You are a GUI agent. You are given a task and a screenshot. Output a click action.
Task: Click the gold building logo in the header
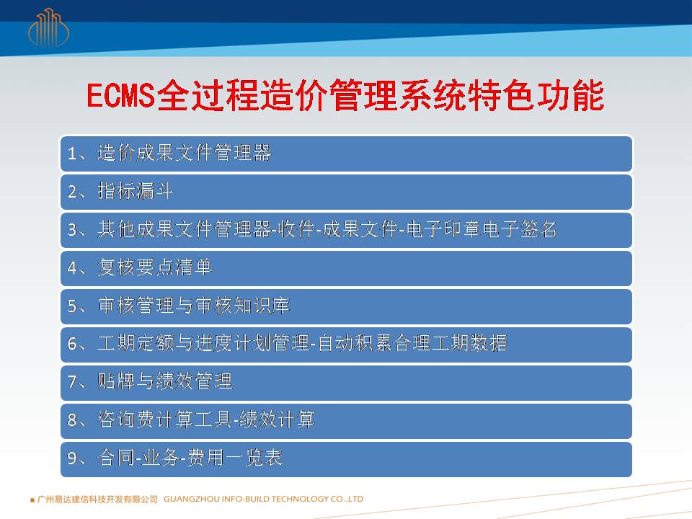(48, 28)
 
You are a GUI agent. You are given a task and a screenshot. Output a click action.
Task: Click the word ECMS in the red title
(121, 95)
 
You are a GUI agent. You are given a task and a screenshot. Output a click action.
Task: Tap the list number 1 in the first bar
(72, 154)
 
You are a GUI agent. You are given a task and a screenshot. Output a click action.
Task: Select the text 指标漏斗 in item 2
(135, 192)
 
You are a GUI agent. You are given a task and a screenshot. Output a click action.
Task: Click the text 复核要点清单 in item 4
(155, 267)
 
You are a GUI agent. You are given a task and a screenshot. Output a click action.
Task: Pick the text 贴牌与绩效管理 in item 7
(164, 381)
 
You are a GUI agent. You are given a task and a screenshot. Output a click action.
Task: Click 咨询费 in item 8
(127, 420)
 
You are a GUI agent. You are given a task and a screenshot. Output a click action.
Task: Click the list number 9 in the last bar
(72, 458)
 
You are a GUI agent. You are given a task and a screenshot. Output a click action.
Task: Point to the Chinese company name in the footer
(97, 499)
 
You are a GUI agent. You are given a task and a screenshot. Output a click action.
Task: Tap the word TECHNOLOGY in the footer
(299, 499)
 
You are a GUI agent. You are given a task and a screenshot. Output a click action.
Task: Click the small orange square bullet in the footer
(32, 500)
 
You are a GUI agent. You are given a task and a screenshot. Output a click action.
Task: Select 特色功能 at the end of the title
(536, 95)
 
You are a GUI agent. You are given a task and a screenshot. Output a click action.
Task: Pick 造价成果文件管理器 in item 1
(184, 153)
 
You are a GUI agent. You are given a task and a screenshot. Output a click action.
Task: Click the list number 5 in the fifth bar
(72, 306)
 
